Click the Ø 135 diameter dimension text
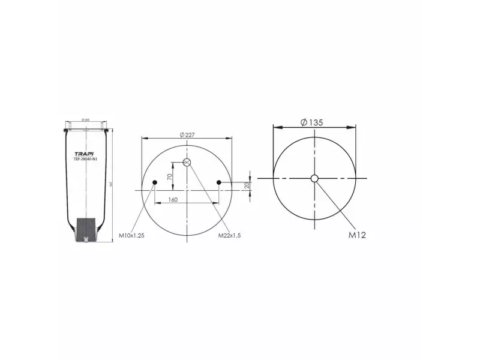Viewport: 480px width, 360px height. coord(311,122)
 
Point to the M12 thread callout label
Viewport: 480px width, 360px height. coord(357,235)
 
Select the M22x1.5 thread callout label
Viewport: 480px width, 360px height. coord(230,236)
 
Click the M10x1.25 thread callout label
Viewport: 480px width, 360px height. coord(131,236)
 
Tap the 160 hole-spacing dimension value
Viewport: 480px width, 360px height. coord(172,199)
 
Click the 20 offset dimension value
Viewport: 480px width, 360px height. coord(247,186)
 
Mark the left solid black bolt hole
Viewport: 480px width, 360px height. coord(155,182)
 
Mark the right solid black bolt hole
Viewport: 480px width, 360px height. coord(219,182)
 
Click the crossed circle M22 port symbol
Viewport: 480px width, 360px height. coord(187,163)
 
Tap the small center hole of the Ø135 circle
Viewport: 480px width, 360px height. coord(314,178)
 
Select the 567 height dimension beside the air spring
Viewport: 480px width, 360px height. coord(111,183)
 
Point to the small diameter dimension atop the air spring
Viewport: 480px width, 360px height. coord(86,121)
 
